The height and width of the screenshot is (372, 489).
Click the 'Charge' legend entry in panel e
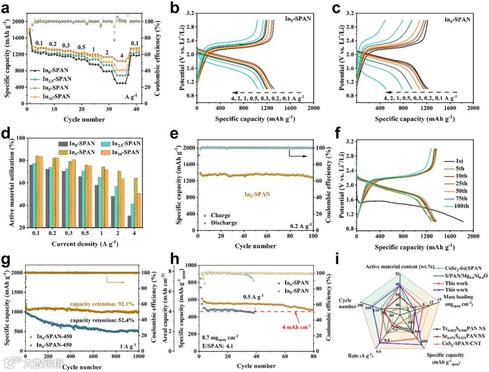point(219,216)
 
